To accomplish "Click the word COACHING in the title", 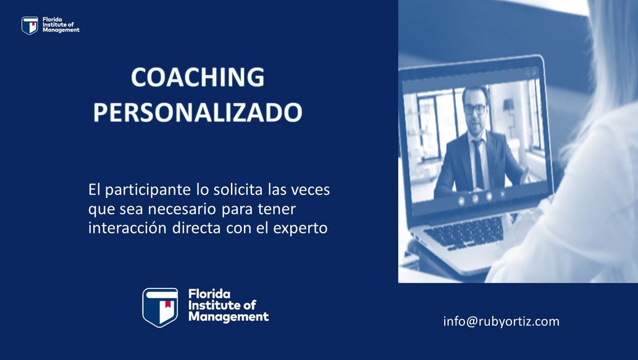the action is pyautogui.click(x=198, y=77).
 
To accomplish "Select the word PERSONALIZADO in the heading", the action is pyautogui.click(x=198, y=112).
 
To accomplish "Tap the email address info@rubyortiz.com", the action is pyautogui.click(x=502, y=321).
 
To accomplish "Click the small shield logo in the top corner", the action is pyautogui.click(x=30, y=25).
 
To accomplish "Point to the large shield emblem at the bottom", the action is pyautogui.click(x=160, y=307).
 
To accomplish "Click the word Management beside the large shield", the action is pyautogui.click(x=229, y=317).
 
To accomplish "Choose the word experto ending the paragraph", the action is pyautogui.click(x=300, y=228).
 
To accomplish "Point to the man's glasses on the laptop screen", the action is pyautogui.click(x=474, y=109).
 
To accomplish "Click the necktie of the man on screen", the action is pyautogui.click(x=477, y=164).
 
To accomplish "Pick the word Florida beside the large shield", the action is pyautogui.click(x=209, y=294).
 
